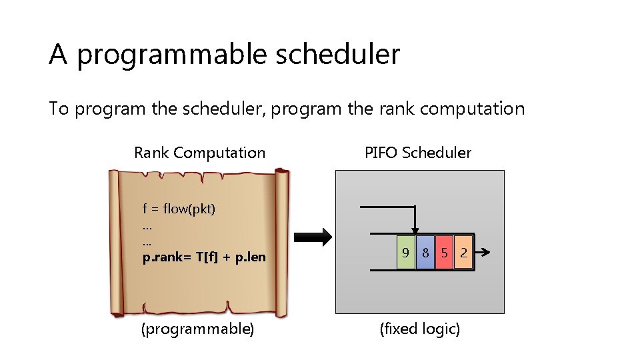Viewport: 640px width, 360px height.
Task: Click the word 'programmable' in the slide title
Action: click(x=169, y=55)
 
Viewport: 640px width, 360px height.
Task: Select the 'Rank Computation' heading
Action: click(x=199, y=153)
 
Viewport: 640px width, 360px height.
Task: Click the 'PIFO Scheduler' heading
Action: click(x=418, y=153)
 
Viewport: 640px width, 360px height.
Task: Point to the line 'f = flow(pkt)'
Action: click(x=179, y=209)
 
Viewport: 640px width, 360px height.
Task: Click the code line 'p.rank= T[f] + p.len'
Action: click(x=204, y=257)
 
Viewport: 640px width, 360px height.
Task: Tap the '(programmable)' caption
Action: click(x=197, y=329)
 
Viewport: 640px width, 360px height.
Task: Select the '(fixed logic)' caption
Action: click(x=419, y=329)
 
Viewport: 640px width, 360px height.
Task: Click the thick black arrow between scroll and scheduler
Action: click(x=313, y=237)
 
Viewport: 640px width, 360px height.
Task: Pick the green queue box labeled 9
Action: click(x=405, y=253)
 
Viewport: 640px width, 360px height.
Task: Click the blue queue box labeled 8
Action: click(x=425, y=253)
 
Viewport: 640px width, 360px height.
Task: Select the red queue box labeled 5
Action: click(x=444, y=253)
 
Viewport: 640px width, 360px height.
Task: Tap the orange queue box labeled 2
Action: click(x=463, y=253)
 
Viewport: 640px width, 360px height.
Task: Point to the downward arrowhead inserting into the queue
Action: click(x=415, y=231)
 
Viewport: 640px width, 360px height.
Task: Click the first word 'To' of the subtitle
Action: click(x=59, y=109)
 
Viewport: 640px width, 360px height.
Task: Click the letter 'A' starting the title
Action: click(x=58, y=54)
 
